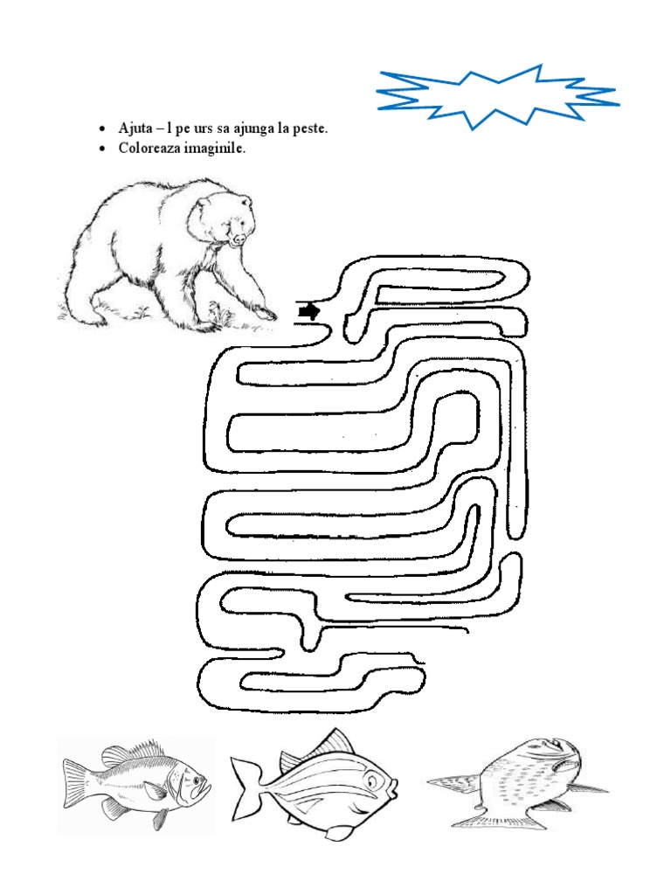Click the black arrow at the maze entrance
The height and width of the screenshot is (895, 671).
pyautogui.click(x=308, y=311)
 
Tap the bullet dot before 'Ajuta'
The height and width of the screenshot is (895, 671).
pyautogui.click(x=103, y=129)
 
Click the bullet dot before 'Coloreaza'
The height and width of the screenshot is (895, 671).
pyautogui.click(x=103, y=149)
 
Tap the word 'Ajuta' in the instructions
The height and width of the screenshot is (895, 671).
pyautogui.click(x=135, y=128)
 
